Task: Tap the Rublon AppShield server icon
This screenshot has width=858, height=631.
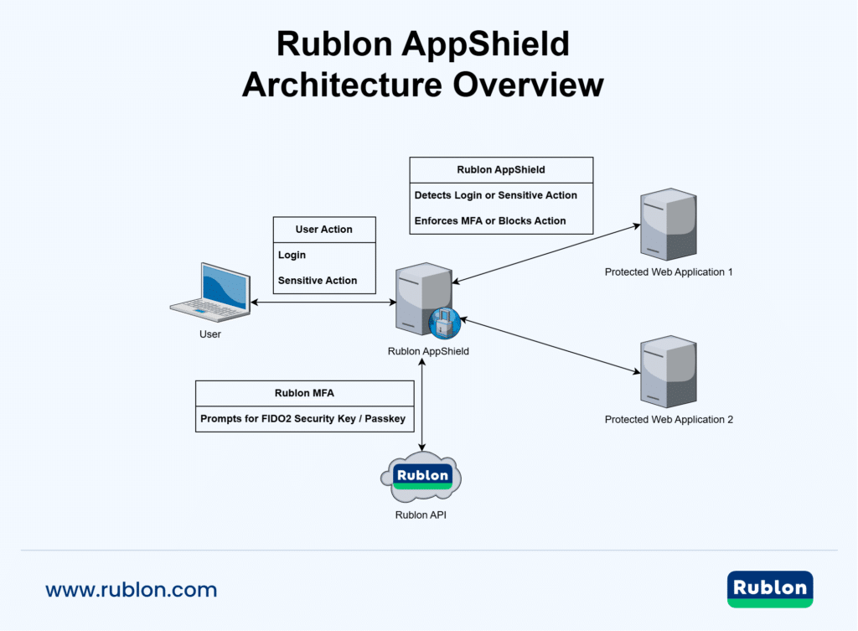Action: coord(423,297)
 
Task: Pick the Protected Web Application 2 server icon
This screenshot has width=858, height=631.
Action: coord(668,370)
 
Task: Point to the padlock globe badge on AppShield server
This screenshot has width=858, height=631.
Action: coord(444,323)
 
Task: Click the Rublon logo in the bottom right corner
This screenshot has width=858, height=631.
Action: coord(769,588)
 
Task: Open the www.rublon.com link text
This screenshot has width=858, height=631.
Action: coord(132,590)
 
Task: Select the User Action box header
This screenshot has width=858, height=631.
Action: coord(324,230)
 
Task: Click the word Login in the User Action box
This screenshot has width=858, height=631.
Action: coord(292,255)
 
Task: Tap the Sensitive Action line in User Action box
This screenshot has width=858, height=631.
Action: coord(318,281)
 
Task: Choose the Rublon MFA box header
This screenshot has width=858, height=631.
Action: coord(305,393)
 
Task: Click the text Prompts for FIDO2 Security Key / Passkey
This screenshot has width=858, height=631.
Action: coord(304,418)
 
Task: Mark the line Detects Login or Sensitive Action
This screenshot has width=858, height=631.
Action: coord(496,195)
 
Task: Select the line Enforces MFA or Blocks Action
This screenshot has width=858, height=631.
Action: coord(490,221)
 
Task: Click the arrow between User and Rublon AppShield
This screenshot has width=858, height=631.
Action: coord(323,303)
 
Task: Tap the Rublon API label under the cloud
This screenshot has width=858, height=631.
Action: coord(421,515)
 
